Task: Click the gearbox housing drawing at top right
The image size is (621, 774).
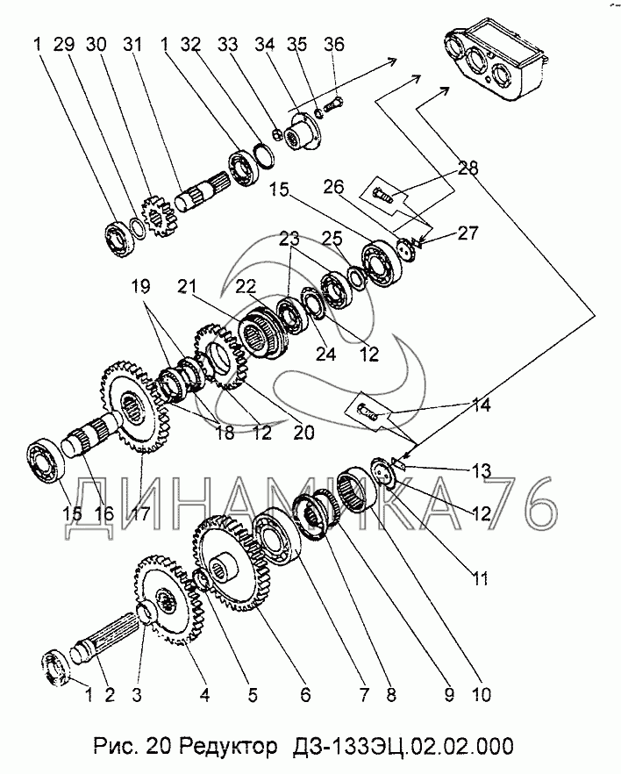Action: [x=496, y=60]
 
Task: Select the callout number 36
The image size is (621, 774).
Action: [x=333, y=44]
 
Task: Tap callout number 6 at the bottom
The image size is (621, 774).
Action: [x=305, y=695]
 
